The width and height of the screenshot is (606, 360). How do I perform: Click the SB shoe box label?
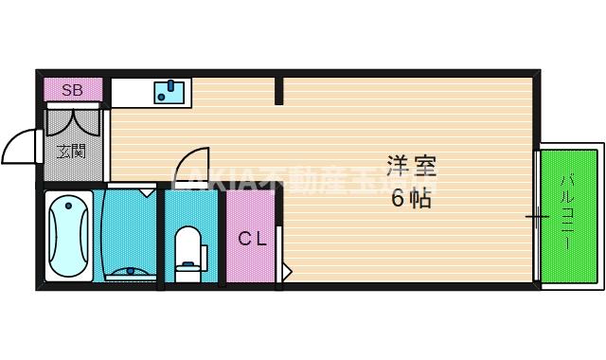(x=73, y=91)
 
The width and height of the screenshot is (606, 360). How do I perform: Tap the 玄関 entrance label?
(x=71, y=150)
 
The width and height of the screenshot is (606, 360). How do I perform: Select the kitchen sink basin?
(x=171, y=92)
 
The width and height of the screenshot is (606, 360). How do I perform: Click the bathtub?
(x=69, y=234)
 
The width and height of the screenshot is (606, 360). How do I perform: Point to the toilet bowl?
(x=187, y=249)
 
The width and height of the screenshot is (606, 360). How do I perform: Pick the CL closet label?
(x=252, y=239)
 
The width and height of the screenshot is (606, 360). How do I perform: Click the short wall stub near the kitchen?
(x=279, y=91)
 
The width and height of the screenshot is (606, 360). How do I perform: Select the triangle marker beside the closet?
(x=287, y=273)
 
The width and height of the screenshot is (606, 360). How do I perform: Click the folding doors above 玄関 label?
(x=73, y=121)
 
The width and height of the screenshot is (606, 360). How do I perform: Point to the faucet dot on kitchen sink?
(x=170, y=85)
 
